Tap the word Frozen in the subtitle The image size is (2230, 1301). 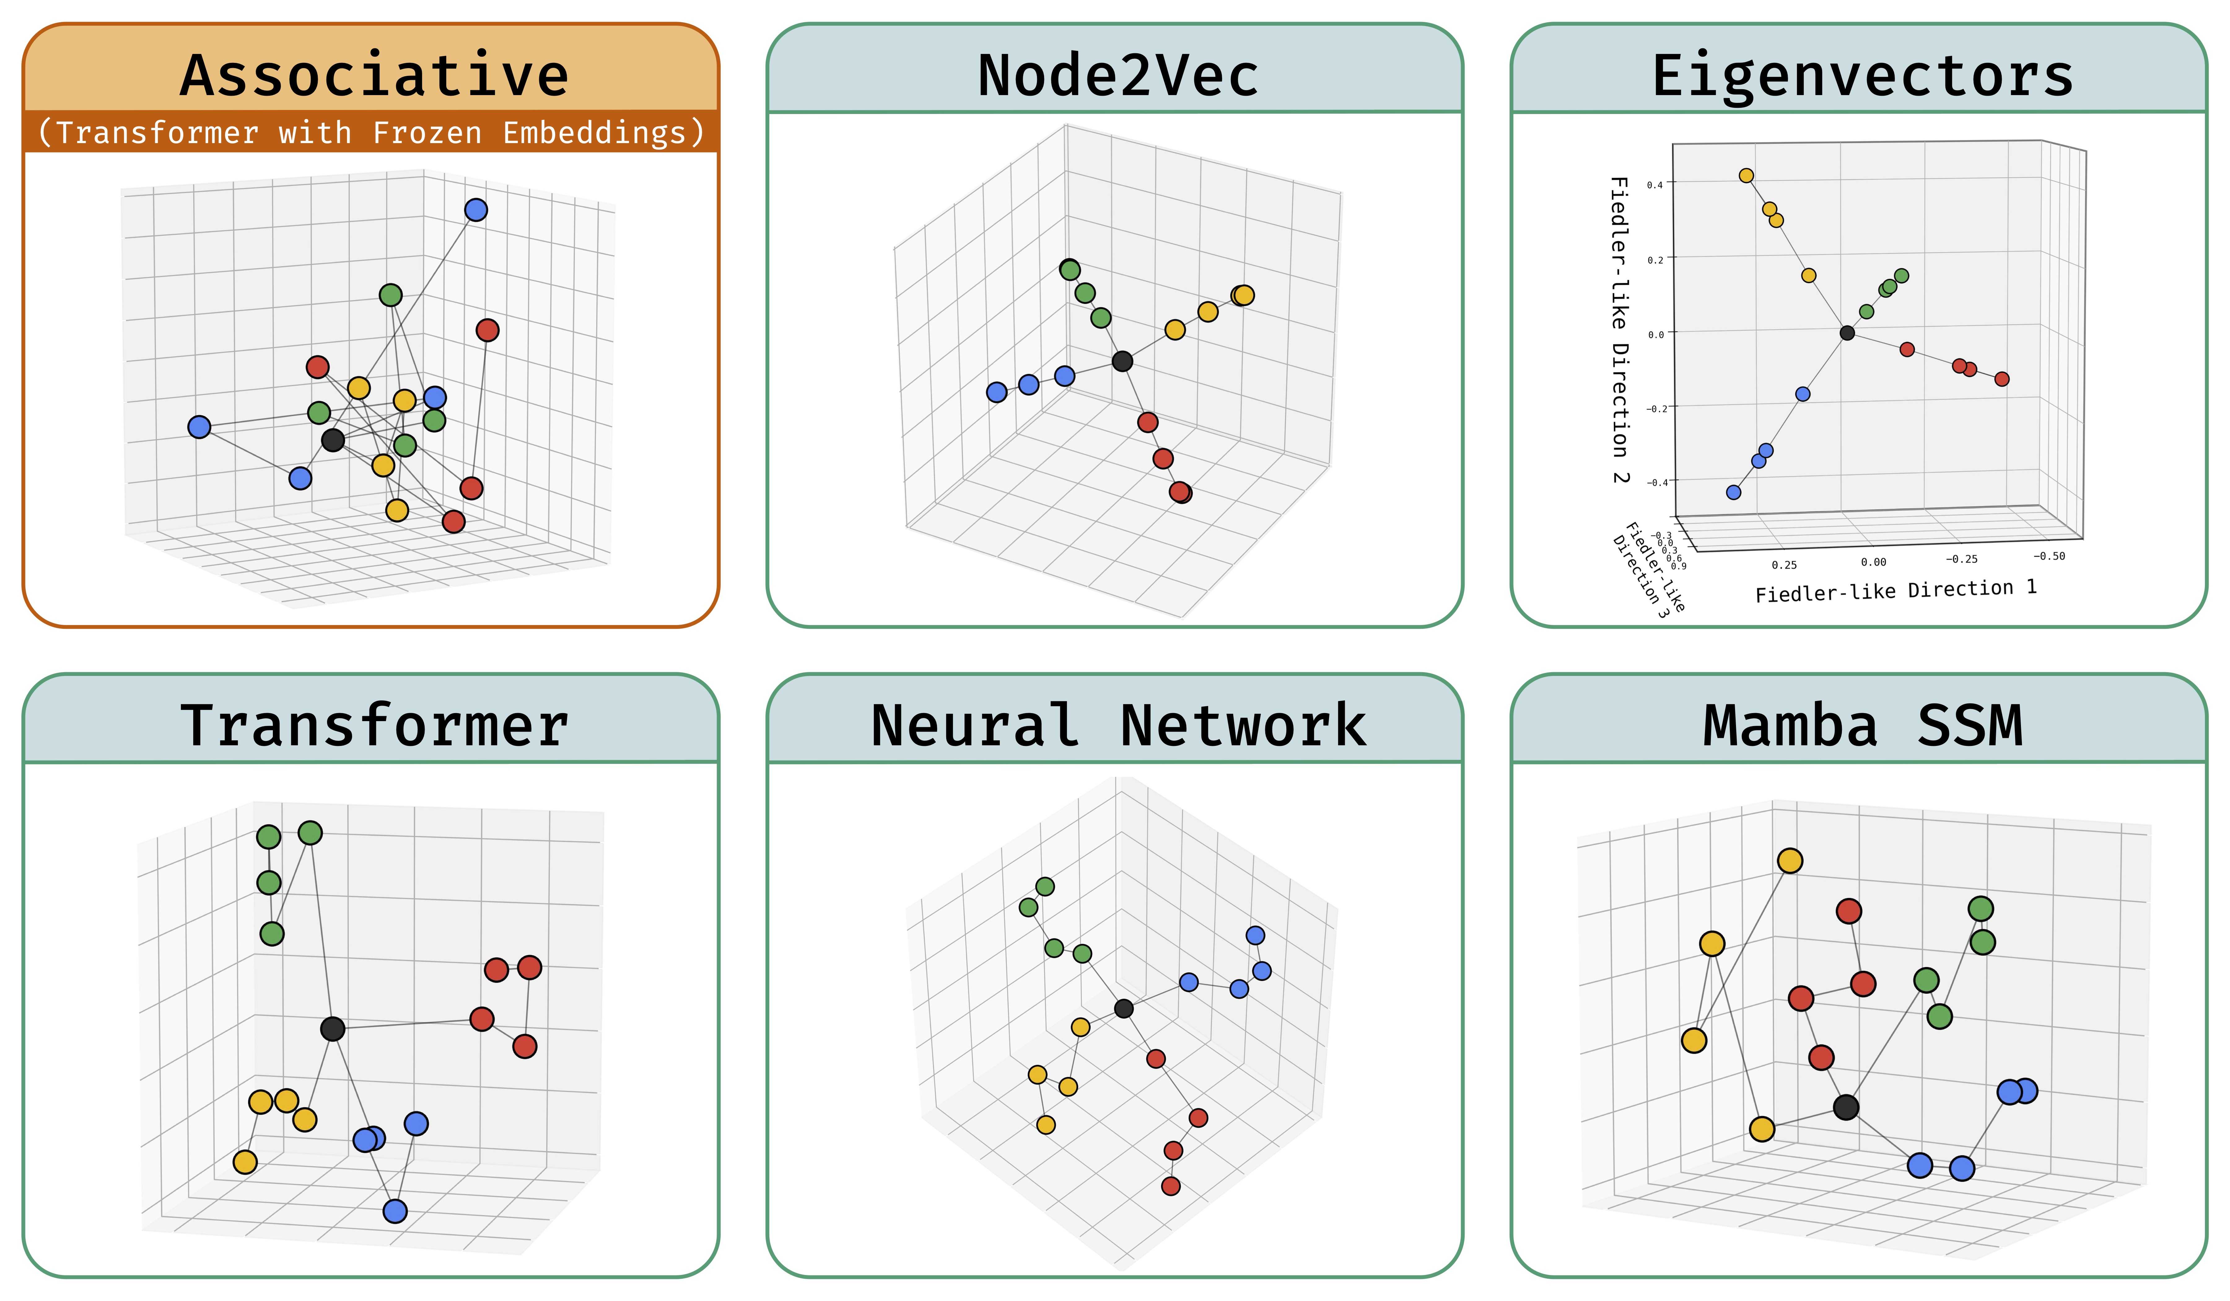tap(426, 133)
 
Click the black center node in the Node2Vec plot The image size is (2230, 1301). tap(1122, 361)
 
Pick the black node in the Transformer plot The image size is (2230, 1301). tap(333, 1028)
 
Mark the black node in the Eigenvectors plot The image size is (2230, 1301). tap(1847, 333)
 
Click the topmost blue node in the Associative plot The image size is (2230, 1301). tap(476, 210)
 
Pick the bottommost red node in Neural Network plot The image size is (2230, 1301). tap(1171, 1186)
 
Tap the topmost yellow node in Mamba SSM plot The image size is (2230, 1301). tap(1789, 860)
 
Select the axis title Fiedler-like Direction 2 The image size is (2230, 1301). tap(1620, 329)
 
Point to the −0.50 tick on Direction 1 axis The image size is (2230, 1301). tap(2049, 556)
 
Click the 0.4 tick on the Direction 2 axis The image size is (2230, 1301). tap(1654, 185)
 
